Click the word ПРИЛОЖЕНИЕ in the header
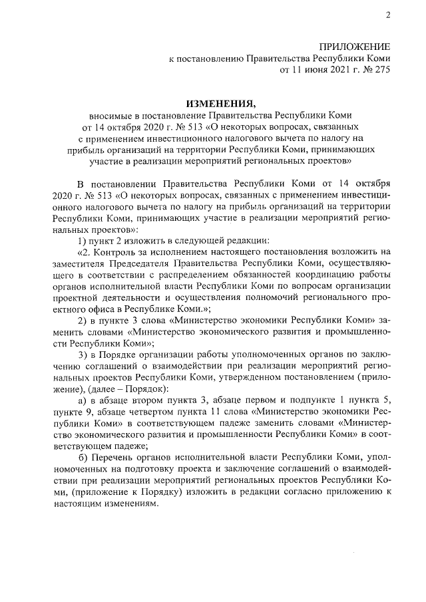click(x=354, y=47)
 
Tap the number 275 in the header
click(x=381, y=70)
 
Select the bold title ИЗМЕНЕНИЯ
click(x=220, y=103)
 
